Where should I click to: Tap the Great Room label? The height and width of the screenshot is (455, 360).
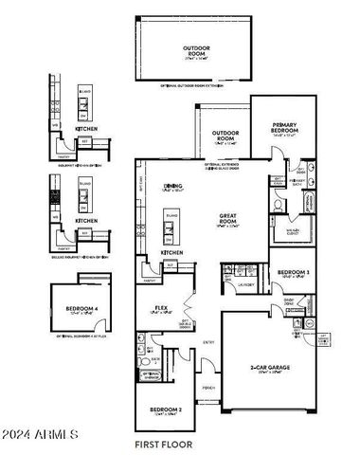(x=227, y=218)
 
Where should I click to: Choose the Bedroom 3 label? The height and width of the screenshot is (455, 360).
(x=292, y=274)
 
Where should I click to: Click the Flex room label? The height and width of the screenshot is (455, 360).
(x=160, y=309)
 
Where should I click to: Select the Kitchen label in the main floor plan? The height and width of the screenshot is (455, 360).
(x=171, y=253)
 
